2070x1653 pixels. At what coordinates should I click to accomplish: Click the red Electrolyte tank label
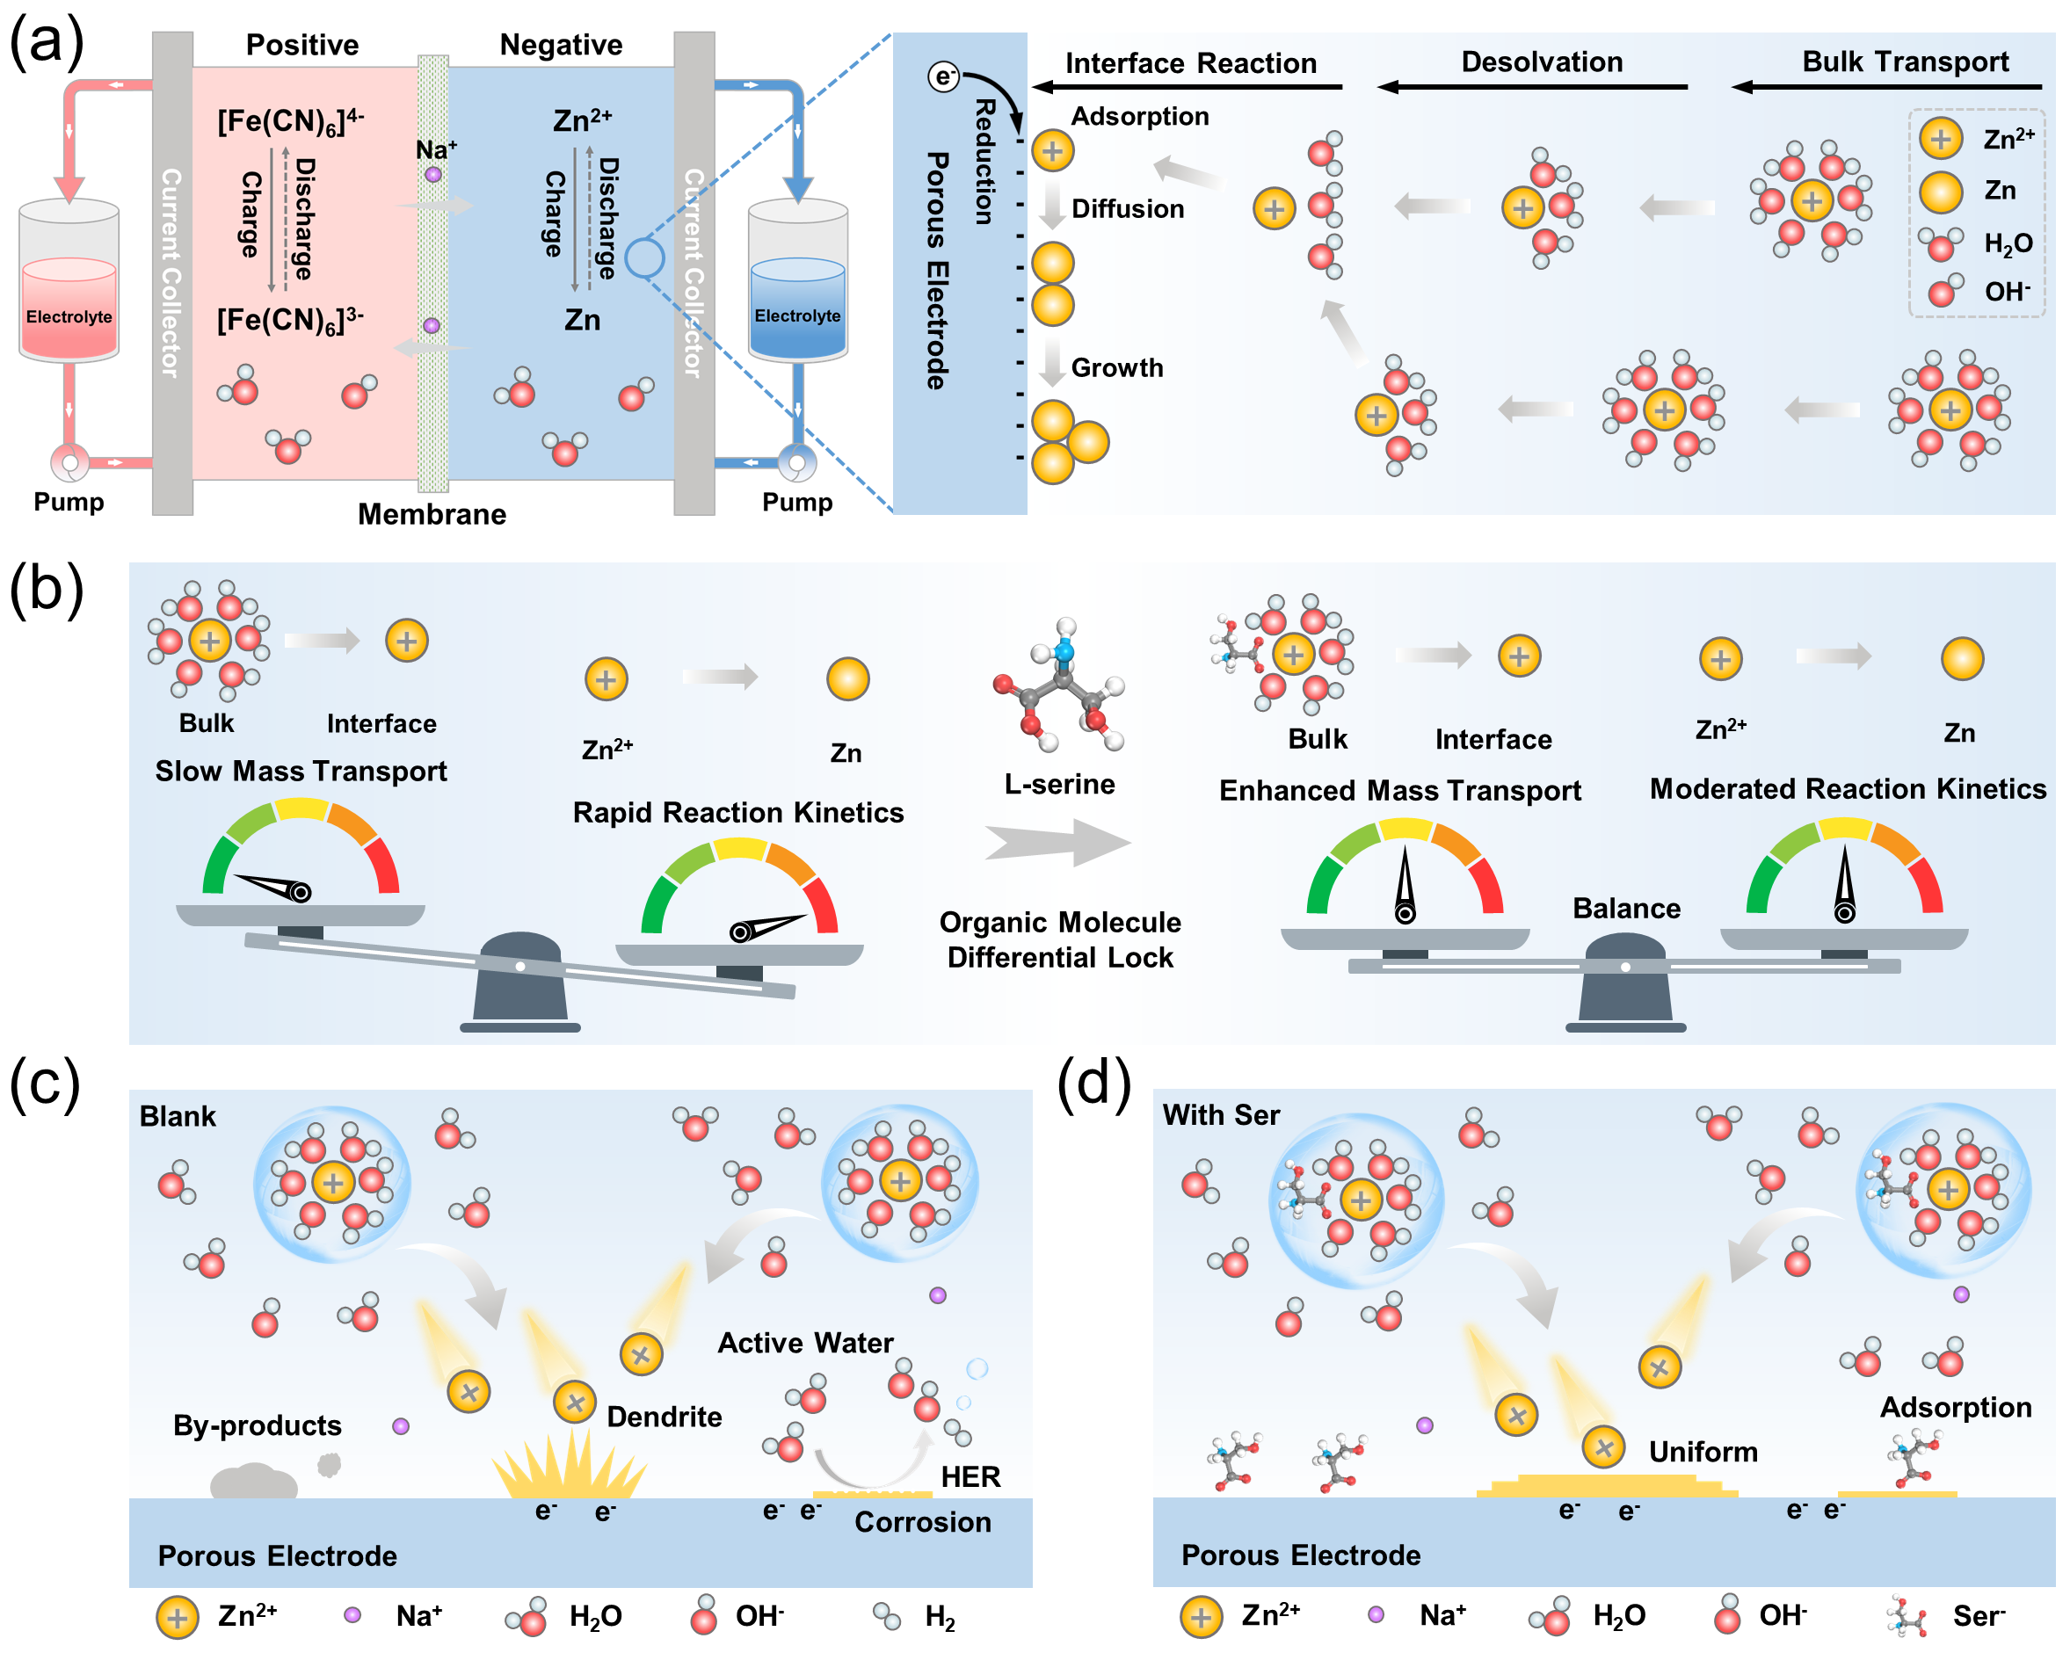[x=69, y=316]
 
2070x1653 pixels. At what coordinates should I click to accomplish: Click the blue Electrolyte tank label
[x=797, y=315]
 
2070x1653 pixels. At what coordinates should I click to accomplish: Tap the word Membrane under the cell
[x=432, y=514]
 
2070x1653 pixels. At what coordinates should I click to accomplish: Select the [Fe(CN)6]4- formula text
[x=290, y=122]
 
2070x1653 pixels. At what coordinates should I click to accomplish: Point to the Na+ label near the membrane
[x=436, y=149]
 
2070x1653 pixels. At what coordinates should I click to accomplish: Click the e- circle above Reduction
[x=944, y=76]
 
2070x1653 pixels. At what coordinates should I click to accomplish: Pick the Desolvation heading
[x=1541, y=62]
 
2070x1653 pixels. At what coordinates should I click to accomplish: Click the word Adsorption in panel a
[x=1140, y=116]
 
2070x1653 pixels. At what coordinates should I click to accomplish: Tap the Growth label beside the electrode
[x=1116, y=367]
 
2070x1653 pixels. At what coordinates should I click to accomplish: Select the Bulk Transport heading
[x=1905, y=62]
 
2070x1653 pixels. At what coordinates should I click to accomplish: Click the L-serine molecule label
[x=1059, y=784]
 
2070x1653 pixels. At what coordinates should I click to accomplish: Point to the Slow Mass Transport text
[x=301, y=771]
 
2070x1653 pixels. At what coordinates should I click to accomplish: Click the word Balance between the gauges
[x=1625, y=908]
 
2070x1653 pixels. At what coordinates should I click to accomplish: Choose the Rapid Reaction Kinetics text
[x=737, y=812]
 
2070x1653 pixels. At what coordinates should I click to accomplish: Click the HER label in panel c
[x=970, y=1476]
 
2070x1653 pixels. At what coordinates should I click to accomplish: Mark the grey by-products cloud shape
[x=253, y=1481]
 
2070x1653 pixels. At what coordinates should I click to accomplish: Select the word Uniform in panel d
[x=1703, y=1452]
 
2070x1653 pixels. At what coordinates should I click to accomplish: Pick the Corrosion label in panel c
[x=922, y=1521]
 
